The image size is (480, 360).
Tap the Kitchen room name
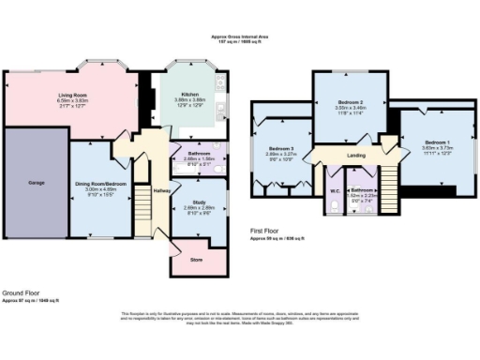(190, 94)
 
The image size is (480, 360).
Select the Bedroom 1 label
(412, 142)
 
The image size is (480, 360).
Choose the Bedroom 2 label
(350, 101)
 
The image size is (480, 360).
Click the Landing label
(356, 156)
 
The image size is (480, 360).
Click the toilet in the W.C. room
(335, 211)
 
